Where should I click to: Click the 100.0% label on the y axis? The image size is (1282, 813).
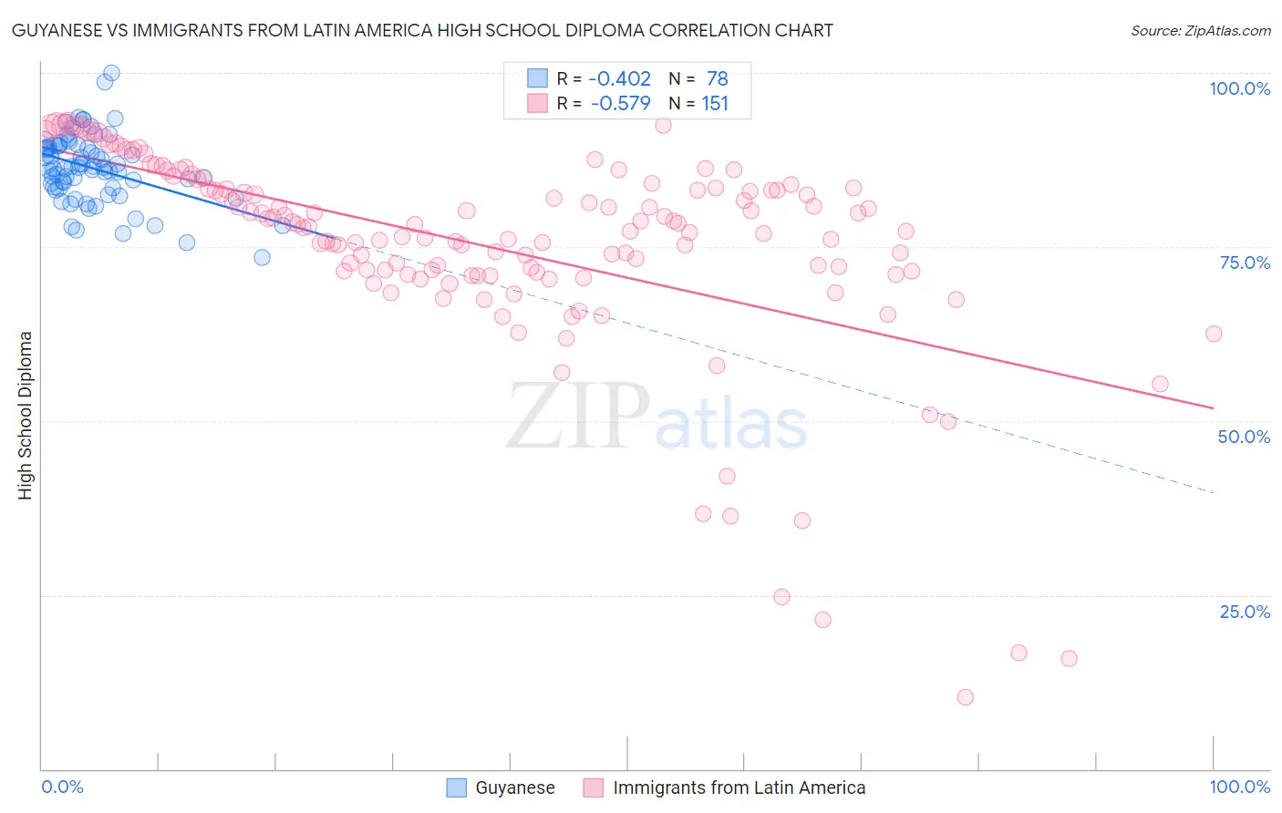pyautogui.click(x=1239, y=88)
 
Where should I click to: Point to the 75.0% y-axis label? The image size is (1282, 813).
pyautogui.click(x=1245, y=262)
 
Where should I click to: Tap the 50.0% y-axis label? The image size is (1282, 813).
pyautogui.click(x=1244, y=437)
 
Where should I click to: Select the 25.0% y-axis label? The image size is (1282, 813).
pyautogui.click(x=1245, y=612)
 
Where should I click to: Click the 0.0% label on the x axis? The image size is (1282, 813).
pyautogui.click(x=62, y=787)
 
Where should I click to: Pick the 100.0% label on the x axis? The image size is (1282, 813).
pyautogui.click(x=1239, y=787)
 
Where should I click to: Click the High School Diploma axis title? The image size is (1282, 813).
pyautogui.click(x=26, y=415)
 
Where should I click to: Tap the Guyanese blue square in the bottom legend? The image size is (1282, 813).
pyautogui.click(x=457, y=787)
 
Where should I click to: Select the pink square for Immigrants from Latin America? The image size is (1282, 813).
pyautogui.click(x=594, y=787)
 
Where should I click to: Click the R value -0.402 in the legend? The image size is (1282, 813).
pyautogui.click(x=620, y=79)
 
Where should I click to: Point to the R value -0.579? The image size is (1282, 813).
pyautogui.click(x=620, y=104)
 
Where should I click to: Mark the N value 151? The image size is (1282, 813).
pyautogui.click(x=715, y=104)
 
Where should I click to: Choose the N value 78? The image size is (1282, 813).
pyautogui.click(x=718, y=79)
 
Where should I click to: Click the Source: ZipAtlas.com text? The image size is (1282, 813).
pyautogui.click(x=1200, y=31)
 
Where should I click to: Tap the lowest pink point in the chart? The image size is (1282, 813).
pyautogui.click(x=965, y=697)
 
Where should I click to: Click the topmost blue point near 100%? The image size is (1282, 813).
pyautogui.click(x=111, y=73)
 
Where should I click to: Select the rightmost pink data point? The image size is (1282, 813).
pyautogui.click(x=1213, y=334)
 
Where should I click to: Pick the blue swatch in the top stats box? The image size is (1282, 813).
pyautogui.click(x=538, y=79)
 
